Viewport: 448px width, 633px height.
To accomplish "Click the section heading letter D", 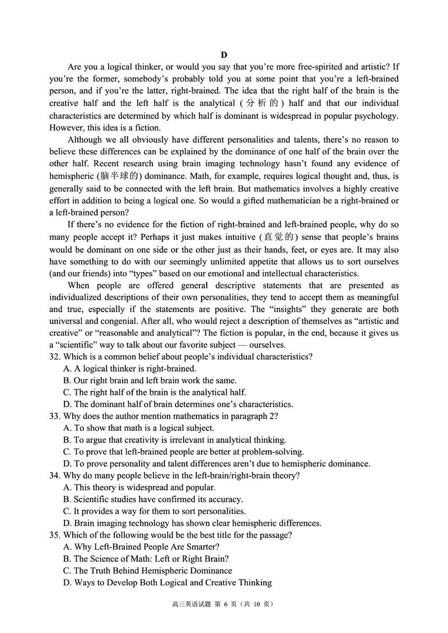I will pos(224,55).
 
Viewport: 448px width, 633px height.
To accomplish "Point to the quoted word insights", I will pos(285,310).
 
